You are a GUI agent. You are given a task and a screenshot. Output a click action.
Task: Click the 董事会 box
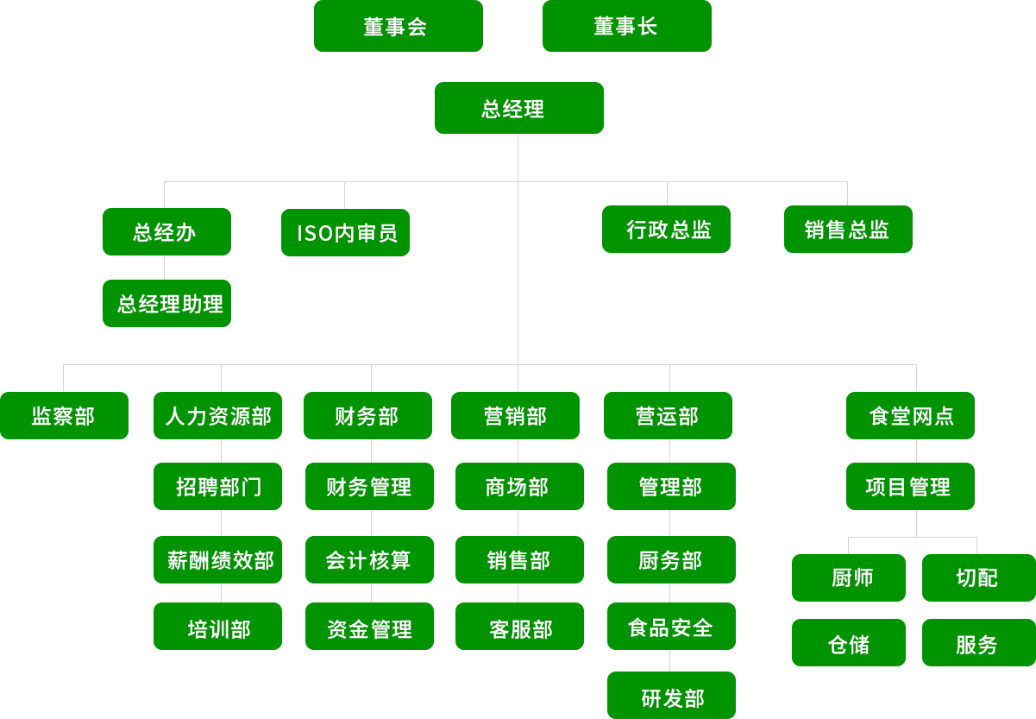point(398,27)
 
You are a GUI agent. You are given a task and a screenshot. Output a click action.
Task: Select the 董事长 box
point(626,27)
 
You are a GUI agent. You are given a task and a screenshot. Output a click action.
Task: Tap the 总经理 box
point(518,108)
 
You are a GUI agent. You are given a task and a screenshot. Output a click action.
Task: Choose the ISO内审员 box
point(345,233)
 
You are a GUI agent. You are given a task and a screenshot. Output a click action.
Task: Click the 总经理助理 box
point(166,303)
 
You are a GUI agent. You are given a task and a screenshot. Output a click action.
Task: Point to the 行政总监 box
point(666,230)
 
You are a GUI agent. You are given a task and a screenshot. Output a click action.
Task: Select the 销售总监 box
point(847,229)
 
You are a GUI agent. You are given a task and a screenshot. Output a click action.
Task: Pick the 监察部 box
point(64,416)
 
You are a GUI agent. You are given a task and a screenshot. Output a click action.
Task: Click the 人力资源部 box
point(218,416)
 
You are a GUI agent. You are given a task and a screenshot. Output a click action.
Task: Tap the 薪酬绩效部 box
point(218,559)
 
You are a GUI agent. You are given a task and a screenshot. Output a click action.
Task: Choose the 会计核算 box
point(369,559)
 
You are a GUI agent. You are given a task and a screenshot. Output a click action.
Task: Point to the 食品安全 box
point(671,627)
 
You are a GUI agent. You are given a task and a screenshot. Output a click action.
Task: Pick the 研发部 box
point(671,695)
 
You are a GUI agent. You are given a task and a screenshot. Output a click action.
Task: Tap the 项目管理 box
point(909,486)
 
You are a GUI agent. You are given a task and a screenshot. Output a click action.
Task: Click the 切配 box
point(977,577)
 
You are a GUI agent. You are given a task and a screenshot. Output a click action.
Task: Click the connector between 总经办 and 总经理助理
point(165,268)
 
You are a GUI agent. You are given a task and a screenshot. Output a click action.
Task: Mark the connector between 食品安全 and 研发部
point(670,660)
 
